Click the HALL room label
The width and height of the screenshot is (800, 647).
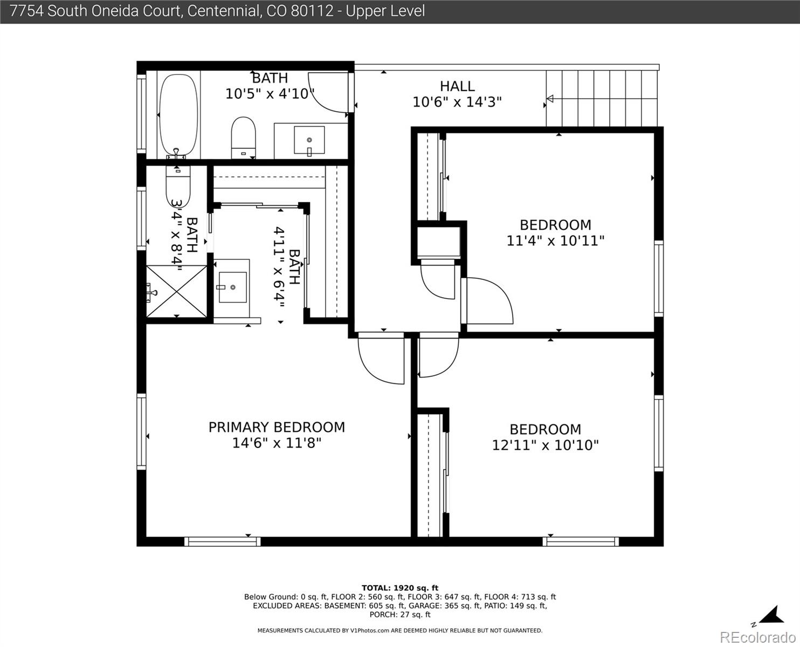coord(457,86)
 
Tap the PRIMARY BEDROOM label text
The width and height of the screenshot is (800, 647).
coord(277,428)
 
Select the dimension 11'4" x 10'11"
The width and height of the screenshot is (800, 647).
coord(555,240)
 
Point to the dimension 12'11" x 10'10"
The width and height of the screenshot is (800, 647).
coord(546,445)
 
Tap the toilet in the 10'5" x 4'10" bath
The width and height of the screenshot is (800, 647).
coord(243,137)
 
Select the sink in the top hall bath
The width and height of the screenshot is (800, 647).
coord(309,140)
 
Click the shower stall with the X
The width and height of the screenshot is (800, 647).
coord(176,291)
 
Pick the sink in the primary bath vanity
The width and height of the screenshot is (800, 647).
coord(232,287)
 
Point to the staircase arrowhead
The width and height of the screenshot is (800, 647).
coord(550,99)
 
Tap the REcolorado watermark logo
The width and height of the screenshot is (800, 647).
coord(757,637)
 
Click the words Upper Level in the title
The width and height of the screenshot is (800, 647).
coord(385,11)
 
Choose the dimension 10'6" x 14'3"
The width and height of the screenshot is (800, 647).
coord(457,102)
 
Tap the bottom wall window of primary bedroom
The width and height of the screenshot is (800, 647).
coord(222,541)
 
